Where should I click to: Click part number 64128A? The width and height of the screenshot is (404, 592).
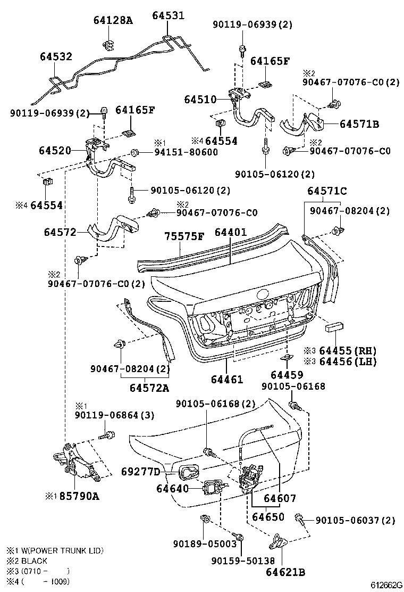113,21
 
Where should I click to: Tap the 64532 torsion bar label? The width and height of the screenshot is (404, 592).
56,57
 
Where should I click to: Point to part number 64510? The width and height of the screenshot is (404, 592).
200,99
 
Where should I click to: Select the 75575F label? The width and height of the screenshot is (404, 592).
183,236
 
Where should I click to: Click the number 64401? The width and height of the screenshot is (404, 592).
231,232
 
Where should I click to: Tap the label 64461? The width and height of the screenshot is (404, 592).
226,380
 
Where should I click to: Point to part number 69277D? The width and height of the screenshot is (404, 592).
141,472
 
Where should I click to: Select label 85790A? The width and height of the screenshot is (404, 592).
79,497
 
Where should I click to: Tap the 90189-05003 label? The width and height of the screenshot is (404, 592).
204,544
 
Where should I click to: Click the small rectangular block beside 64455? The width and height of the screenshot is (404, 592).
336,326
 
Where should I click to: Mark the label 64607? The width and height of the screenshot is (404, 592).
280,499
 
